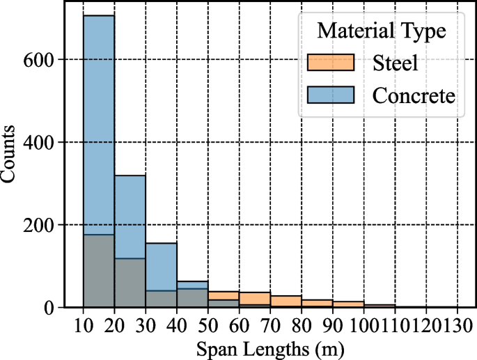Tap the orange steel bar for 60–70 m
click(x=254, y=298)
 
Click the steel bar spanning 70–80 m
click(x=286, y=302)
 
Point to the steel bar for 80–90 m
click(x=317, y=304)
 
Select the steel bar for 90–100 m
click(x=347, y=304)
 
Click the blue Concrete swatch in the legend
click(x=331, y=95)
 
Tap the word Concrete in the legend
click(x=414, y=95)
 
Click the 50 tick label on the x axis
click(x=208, y=324)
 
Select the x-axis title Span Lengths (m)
click(x=269, y=345)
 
